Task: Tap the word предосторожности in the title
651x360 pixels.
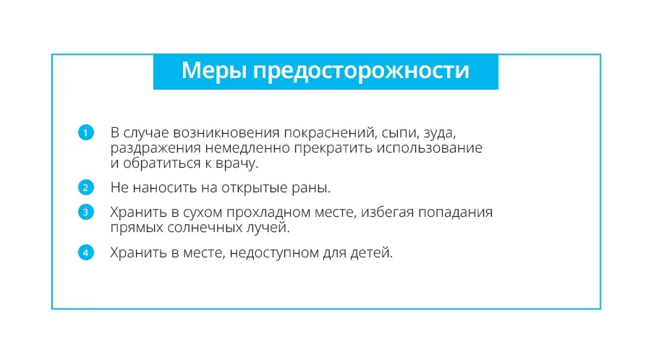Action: [361, 72]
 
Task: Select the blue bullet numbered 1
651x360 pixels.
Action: [86, 133]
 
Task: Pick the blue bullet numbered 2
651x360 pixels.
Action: [86, 187]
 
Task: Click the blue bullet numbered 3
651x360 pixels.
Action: [86, 212]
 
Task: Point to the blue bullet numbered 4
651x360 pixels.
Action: [86, 252]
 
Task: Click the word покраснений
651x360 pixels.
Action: [331, 133]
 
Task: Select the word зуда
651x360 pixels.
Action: [440, 134]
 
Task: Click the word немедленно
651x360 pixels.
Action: [247, 148]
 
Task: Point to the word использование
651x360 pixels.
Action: [429, 148]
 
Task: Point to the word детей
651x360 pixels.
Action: [371, 252]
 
